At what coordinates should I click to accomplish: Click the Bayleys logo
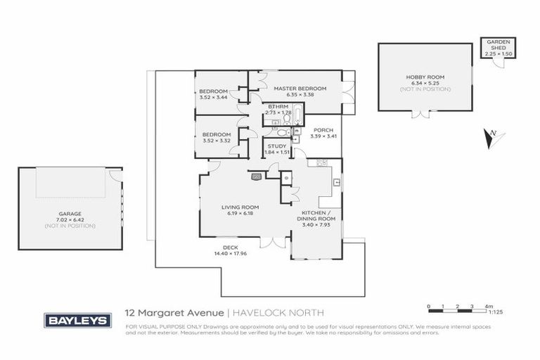click(77, 320)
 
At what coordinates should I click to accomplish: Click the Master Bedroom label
click(300, 88)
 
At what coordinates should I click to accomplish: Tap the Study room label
click(278, 146)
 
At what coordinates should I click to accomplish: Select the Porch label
click(323, 130)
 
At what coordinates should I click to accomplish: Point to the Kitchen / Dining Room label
click(318, 215)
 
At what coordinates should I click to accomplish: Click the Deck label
click(230, 247)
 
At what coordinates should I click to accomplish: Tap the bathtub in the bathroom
click(295, 113)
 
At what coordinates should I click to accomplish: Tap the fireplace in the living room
click(256, 177)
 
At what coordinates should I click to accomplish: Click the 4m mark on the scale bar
click(488, 307)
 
